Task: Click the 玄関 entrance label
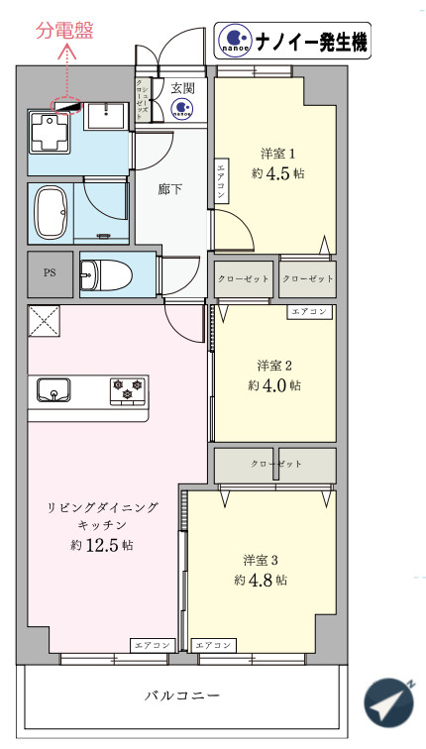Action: click(x=182, y=88)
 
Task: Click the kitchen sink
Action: click(x=55, y=388)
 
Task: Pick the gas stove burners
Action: click(x=126, y=389)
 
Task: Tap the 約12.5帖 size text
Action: click(x=102, y=545)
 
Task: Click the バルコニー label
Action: click(x=180, y=695)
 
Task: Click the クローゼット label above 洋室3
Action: click(x=275, y=464)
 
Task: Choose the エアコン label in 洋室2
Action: click(x=308, y=312)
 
